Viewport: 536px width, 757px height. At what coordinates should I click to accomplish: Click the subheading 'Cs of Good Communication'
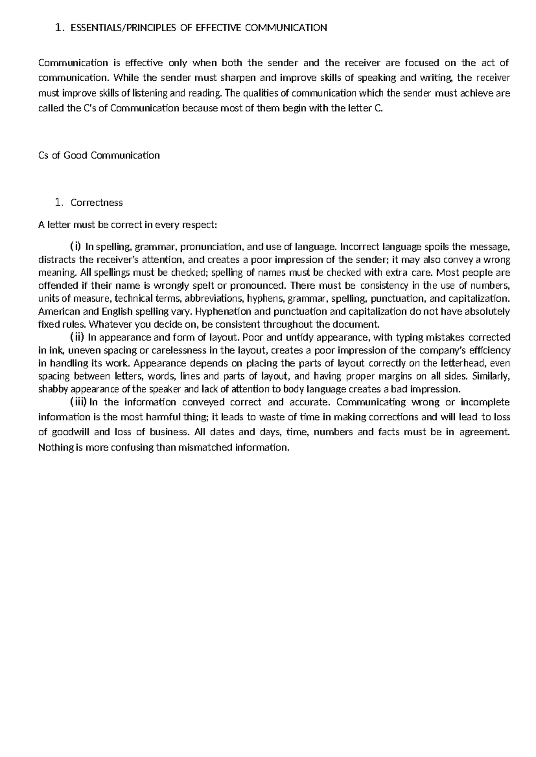tap(99, 155)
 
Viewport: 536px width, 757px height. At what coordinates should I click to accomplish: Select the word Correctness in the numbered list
tap(96, 203)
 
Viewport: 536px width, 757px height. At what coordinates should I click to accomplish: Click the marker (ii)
tap(77, 337)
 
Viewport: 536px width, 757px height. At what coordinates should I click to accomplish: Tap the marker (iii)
tap(78, 402)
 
